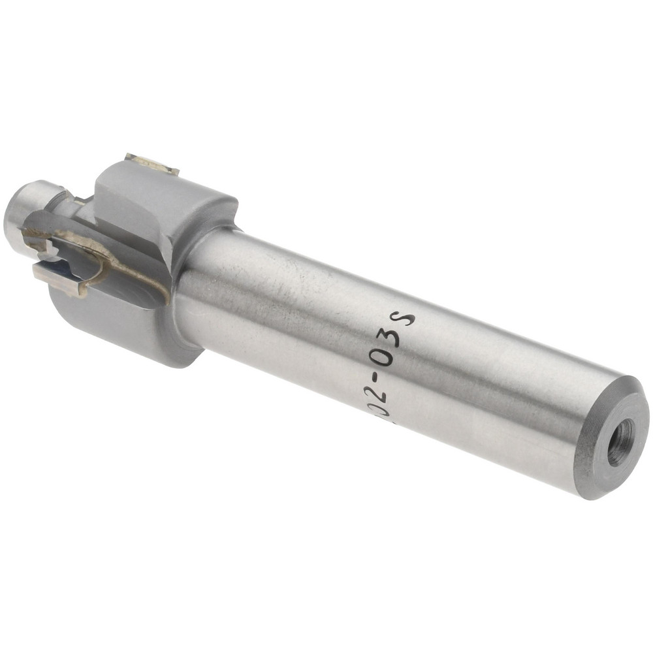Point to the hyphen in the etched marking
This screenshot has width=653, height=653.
(x=378, y=377)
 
